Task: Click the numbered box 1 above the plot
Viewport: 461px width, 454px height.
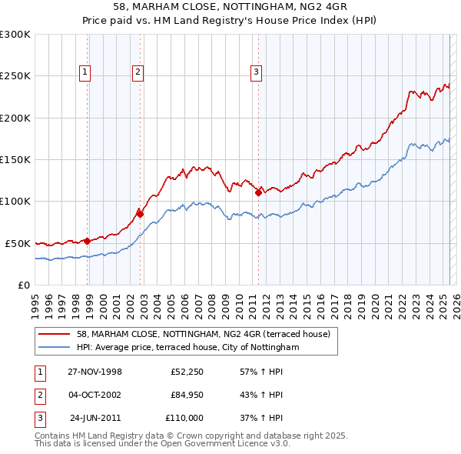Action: click(84, 72)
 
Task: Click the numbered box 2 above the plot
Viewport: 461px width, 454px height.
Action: click(138, 72)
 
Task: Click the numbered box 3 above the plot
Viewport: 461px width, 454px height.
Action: click(255, 72)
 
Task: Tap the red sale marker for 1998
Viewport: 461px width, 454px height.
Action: click(88, 241)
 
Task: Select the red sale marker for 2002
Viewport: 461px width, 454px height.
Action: click(140, 213)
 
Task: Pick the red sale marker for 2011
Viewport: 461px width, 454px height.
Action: click(258, 192)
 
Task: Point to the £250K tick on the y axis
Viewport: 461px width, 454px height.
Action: click(15, 76)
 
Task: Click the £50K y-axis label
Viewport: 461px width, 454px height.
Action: click(18, 243)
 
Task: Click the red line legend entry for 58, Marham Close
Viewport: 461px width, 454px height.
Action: click(203, 334)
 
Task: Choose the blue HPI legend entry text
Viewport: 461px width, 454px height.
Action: click(187, 348)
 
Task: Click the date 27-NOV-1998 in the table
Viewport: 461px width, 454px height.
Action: click(95, 372)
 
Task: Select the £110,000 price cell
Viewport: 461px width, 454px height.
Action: click(184, 418)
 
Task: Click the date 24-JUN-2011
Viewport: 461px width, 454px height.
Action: click(96, 418)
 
